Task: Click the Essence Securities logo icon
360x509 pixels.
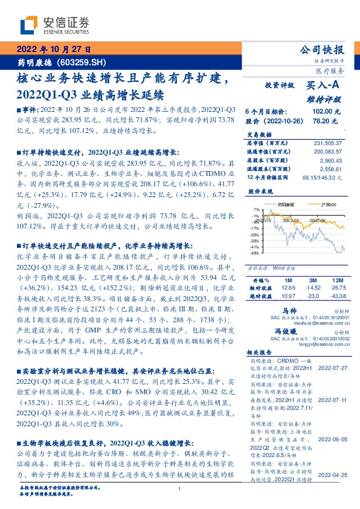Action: click(x=30, y=25)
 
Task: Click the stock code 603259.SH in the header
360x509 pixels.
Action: click(x=85, y=62)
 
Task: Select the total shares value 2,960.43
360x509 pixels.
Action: click(x=331, y=160)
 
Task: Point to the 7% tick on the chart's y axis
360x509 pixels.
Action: click(x=257, y=210)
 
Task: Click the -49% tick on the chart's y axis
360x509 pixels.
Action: click(x=256, y=253)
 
